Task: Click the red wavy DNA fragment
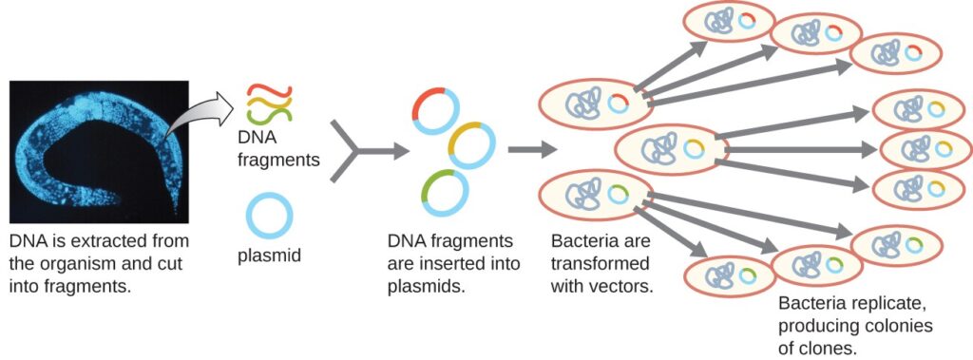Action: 271,92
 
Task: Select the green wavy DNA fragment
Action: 271,115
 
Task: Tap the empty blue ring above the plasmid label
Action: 270,216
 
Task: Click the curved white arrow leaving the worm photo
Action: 197,113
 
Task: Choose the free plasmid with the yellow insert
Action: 471,145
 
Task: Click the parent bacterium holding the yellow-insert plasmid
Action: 671,148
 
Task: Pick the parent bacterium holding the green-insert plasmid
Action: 595,194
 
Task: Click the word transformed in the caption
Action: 594,262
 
